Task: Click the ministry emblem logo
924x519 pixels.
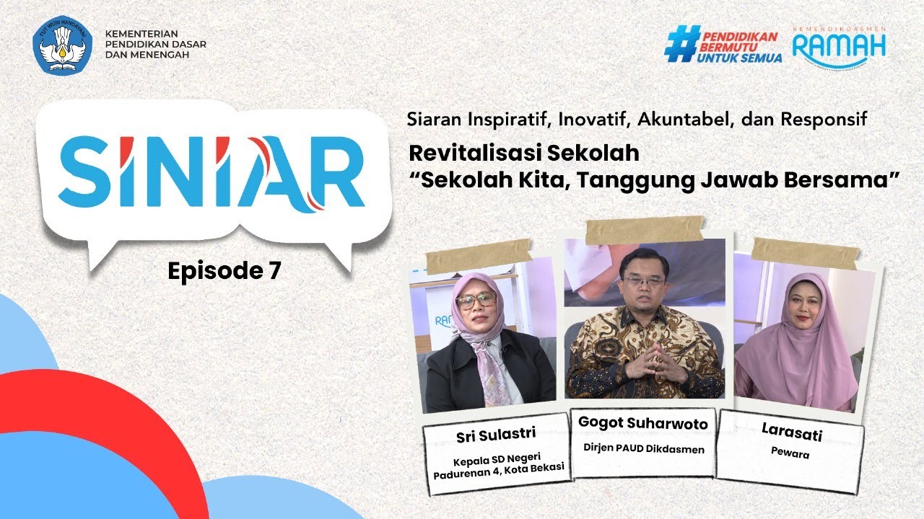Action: click(63, 47)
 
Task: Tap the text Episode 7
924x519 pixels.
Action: click(224, 271)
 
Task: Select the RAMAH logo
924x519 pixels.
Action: click(839, 45)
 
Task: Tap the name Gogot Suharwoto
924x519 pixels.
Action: click(642, 424)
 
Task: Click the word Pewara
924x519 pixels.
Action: click(790, 456)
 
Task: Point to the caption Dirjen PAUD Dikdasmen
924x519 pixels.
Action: click(642, 448)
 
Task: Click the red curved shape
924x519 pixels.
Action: click(108, 432)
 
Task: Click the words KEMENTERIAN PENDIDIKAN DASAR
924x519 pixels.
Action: click(155, 38)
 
